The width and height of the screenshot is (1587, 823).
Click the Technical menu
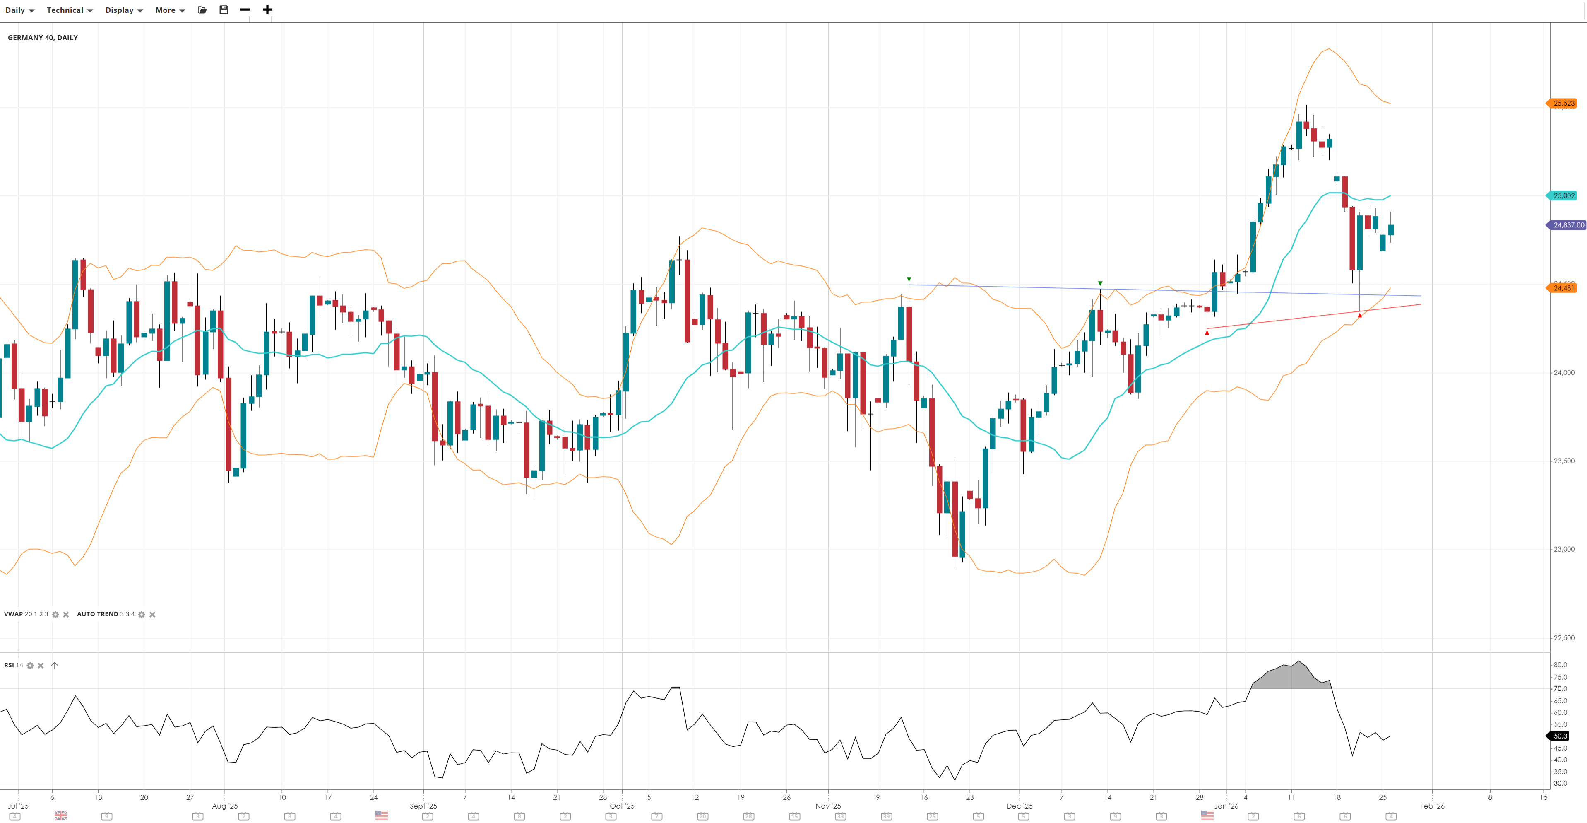click(x=70, y=10)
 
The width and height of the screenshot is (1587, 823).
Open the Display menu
click(x=124, y=10)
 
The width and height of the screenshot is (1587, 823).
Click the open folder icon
click(x=202, y=10)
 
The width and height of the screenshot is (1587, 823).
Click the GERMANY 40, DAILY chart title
click(x=43, y=38)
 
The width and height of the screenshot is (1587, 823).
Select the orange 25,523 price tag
click(x=1563, y=104)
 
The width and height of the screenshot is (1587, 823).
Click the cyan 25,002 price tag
click(x=1563, y=196)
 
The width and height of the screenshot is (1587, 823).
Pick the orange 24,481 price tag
click(x=1563, y=288)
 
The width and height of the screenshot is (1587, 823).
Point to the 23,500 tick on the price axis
click(x=1563, y=461)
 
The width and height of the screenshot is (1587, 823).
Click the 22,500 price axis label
click(x=1563, y=638)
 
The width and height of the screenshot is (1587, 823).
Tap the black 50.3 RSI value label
click(x=1560, y=736)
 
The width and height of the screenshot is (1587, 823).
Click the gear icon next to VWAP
click(x=55, y=615)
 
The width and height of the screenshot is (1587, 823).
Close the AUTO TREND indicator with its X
click(x=152, y=615)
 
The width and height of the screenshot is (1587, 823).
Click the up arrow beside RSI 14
click(x=54, y=666)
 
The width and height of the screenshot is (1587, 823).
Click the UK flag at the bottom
click(x=60, y=816)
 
